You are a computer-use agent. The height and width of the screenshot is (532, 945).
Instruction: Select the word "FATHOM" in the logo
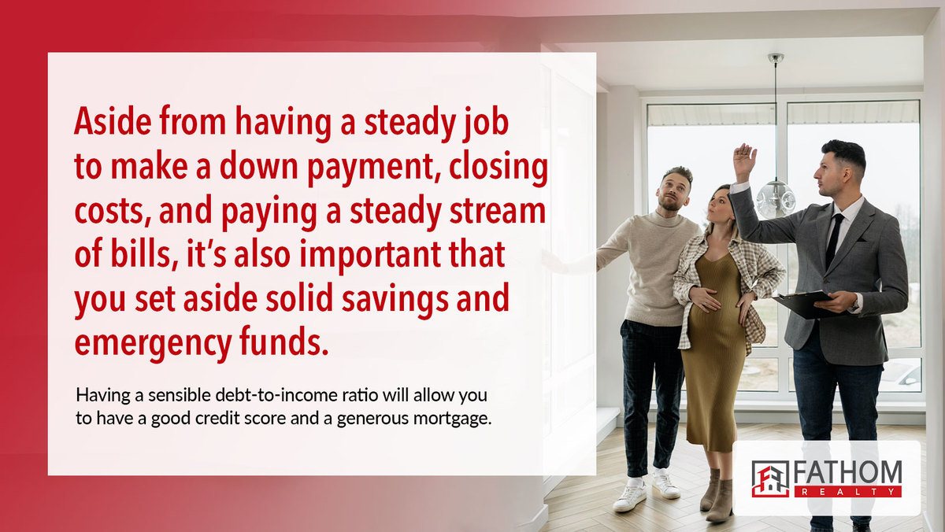pos(848,472)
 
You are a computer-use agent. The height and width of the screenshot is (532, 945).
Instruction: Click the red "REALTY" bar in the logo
pos(848,492)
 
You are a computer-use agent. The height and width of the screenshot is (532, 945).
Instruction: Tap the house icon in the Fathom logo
pos(770,479)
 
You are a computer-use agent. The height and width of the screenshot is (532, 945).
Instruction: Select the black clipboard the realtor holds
pos(804,304)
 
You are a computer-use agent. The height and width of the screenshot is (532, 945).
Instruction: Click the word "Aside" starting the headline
pos(113,121)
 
